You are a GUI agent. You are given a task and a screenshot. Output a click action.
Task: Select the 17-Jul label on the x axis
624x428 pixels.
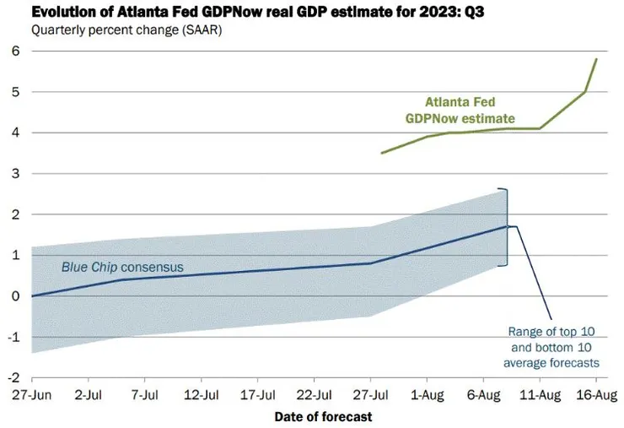(x=257, y=394)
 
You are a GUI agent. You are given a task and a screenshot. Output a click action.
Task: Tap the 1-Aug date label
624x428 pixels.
(x=427, y=394)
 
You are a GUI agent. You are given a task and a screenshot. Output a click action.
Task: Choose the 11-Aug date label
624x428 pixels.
(x=540, y=394)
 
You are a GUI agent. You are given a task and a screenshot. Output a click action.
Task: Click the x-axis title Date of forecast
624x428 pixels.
(x=323, y=416)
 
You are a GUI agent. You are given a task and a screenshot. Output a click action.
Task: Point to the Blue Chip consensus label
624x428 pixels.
(x=122, y=268)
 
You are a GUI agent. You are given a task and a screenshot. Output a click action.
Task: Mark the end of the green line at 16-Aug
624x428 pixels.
(x=596, y=59)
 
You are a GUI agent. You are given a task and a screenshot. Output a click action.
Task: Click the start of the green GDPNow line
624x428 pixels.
(x=382, y=153)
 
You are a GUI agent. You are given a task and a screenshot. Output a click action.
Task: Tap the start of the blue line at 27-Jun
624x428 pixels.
(x=31, y=295)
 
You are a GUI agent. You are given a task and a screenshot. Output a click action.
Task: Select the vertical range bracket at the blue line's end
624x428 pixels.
(x=507, y=226)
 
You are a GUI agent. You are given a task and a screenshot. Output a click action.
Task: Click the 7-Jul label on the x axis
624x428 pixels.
(x=144, y=394)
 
